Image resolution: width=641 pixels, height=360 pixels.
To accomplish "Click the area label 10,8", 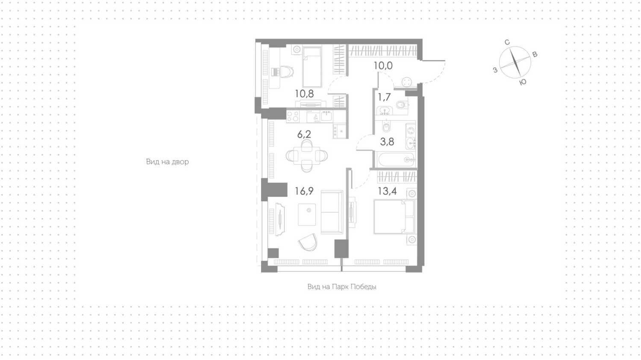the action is [304, 93].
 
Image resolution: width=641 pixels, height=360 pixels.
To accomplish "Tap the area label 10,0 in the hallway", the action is [383, 65].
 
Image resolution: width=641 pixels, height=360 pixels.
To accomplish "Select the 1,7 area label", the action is [384, 97].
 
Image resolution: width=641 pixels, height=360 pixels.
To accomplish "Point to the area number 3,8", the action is [387, 142].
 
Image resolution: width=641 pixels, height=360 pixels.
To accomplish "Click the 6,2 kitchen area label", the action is [304, 134].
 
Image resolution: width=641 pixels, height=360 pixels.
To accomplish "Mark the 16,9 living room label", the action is [304, 191].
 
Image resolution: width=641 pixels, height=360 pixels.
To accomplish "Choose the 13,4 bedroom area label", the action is [387, 191].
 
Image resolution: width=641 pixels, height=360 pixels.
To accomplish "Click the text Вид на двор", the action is [168, 162].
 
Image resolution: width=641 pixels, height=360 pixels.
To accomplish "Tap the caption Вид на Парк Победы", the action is [342, 287].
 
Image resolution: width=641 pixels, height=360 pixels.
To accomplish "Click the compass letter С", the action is [507, 42].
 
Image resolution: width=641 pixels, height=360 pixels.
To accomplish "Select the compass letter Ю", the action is [523, 82].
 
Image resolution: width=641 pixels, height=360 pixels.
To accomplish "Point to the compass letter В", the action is [534, 54].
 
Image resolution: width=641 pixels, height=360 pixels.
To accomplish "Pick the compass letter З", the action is [495, 70].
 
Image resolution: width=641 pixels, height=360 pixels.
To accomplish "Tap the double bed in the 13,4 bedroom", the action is [394, 216].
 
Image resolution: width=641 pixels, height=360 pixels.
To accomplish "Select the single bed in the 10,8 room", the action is [312, 67].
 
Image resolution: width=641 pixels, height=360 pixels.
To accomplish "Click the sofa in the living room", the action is [332, 212].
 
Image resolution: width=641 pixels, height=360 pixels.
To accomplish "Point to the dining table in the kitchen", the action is [307, 156].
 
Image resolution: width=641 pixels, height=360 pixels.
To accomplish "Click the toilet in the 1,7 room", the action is [402, 105].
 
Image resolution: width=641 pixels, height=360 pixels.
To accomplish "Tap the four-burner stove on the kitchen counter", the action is [293, 117].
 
